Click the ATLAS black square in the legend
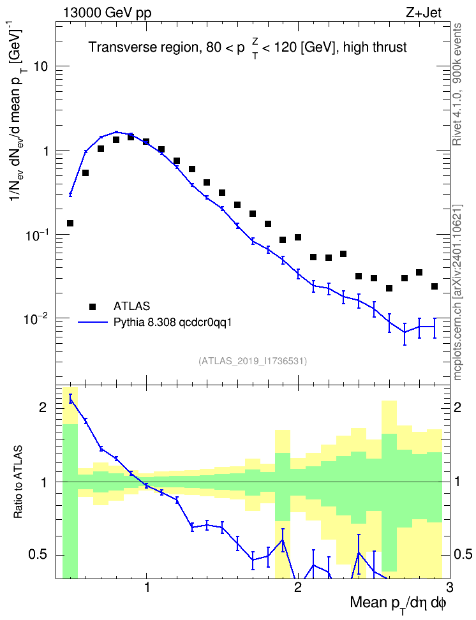click(x=93, y=306)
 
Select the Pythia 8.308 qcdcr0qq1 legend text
click(x=172, y=323)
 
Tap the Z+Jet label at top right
click(x=424, y=13)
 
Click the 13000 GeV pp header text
click(x=107, y=13)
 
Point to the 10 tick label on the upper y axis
click(x=40, y=66)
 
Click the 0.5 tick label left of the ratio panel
click(x=39, y=555)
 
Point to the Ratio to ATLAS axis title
click(x=18, y=482)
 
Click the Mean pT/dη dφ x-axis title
click(x=398, y=604)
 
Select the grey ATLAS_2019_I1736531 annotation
click(x=253, y=360)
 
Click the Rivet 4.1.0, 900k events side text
click(x=457, y=84)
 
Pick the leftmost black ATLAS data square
click(x=70, y=223)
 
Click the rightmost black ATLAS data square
click(x=435, y=286)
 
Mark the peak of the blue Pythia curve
click(x=116, y=132)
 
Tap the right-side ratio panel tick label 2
click(x=457, y=408)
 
